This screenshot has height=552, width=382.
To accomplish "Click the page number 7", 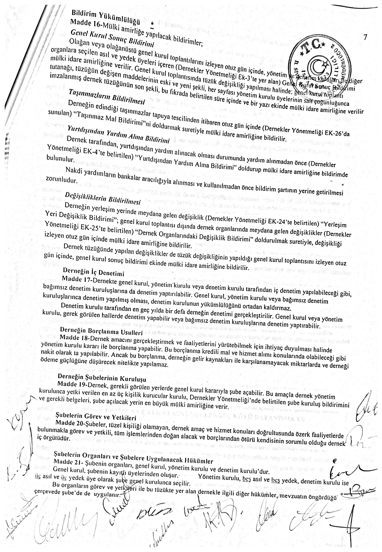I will click(x=365, y=37).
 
